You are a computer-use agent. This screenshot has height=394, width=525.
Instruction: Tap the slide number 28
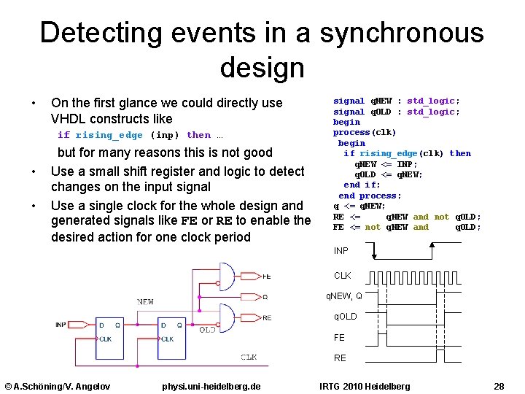pos(499,386)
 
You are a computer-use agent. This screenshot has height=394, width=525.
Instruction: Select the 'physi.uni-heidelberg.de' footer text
pos(211,386)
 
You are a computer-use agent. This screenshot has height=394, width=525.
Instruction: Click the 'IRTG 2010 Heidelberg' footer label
pos(365,386)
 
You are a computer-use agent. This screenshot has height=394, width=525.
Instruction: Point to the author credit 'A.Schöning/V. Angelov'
pos(58,386)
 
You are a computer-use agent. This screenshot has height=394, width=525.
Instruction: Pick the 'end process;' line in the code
pos(370,196)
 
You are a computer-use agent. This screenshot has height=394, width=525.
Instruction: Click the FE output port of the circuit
pos(267,277)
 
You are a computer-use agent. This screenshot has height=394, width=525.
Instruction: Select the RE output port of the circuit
pos(267,318)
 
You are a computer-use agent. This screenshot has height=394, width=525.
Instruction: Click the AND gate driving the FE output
pos(227,276)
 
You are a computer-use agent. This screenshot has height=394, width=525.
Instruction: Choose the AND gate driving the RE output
pos(227,318)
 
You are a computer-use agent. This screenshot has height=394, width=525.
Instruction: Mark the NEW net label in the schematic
pos(145,301)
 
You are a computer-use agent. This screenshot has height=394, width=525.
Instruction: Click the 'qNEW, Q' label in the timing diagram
pos(348,295)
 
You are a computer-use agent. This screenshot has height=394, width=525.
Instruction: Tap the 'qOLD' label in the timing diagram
pos(345,317)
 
